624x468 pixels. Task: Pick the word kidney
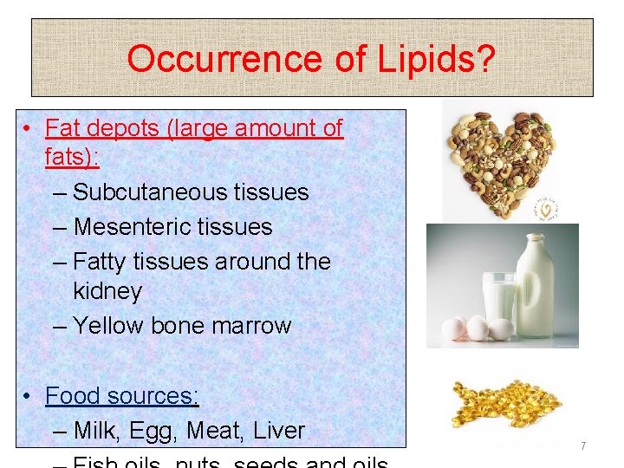107,291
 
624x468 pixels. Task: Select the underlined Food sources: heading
122,396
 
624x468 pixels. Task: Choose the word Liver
276,431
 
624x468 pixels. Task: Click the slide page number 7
583,446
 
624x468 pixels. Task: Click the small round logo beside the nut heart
547,208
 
